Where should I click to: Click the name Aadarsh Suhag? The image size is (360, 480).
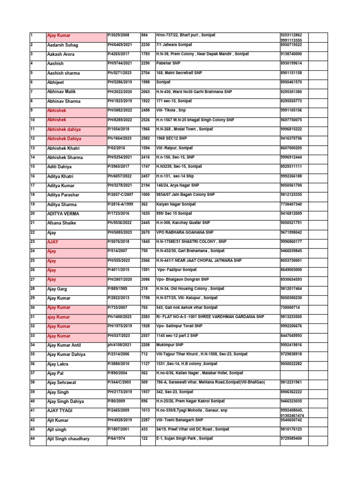[62, 45]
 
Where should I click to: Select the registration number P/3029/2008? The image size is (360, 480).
[118, 35]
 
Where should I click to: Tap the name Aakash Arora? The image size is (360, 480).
[61, 54]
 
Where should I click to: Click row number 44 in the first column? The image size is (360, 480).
[32, 438]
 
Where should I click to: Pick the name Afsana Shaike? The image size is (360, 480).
[62, 223]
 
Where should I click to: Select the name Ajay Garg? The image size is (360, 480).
[58, 289]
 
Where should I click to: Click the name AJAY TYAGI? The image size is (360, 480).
[60, 410]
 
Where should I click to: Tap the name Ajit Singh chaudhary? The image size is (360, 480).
[68, 439]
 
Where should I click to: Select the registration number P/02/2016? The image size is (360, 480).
[116, 148]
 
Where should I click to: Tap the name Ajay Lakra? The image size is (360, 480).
[59, 363]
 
